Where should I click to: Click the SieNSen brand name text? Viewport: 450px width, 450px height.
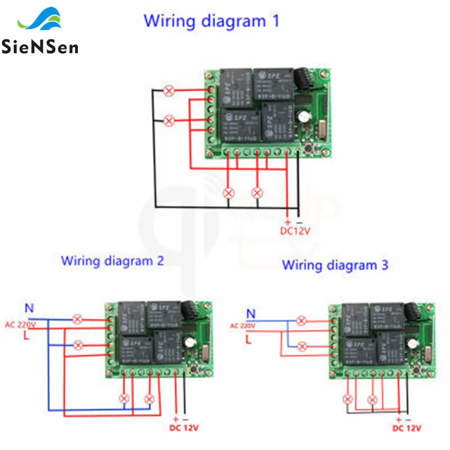click(40, 46)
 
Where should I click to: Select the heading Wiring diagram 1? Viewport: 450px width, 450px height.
click(211, 21)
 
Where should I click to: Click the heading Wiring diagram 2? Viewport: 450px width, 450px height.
click(112, 261)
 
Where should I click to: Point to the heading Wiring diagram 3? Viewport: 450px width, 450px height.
click(335, 265)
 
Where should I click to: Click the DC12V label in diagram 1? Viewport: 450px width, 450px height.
click(296, 232)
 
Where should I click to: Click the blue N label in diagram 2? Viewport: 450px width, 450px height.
click(29, 309)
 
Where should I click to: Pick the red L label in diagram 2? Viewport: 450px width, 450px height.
click(26, 336)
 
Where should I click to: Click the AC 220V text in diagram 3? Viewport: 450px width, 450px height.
click(243, 326)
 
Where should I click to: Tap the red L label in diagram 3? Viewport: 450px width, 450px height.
click(248, 339)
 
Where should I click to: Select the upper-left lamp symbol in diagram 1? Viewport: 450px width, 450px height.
click(169, 91)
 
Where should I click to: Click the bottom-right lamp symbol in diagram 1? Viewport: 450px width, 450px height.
click(257, 193)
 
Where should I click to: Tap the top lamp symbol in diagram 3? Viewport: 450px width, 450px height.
click(301, 321)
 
